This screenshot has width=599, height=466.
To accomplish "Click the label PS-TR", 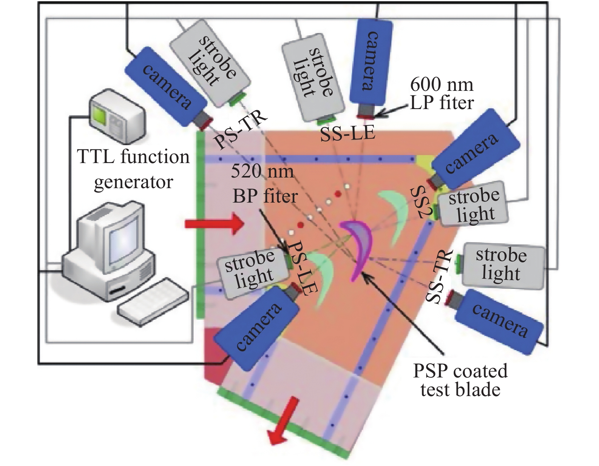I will tap(240, 130).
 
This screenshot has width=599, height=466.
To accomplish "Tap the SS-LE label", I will tap(348, 134).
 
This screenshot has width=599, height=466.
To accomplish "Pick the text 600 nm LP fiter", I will tap(442, 94).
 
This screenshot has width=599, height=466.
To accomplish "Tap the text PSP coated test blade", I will tap(460, 380).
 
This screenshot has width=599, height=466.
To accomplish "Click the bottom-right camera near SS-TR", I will tap(499, 321).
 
